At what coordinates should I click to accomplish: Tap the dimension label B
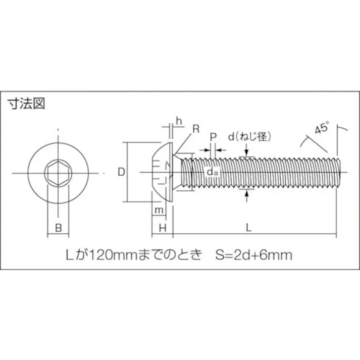58,228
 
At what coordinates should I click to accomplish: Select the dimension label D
121,172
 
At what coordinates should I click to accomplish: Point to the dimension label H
162,228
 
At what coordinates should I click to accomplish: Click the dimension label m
159,209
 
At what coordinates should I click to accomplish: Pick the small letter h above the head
179,120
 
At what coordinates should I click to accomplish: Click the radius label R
195,129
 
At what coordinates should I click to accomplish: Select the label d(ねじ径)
250,136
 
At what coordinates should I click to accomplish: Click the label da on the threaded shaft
212,173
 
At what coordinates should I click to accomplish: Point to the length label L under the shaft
248,228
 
